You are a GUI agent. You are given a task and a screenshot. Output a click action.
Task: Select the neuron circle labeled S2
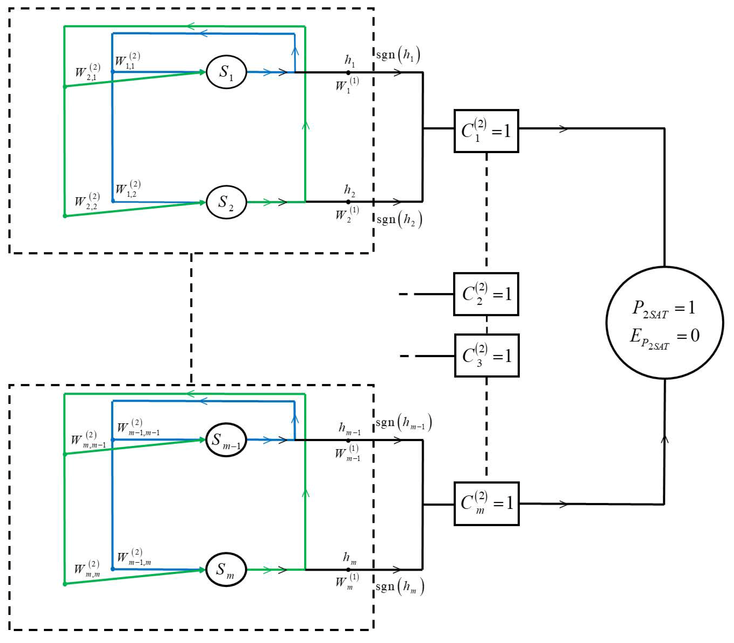(226, 202)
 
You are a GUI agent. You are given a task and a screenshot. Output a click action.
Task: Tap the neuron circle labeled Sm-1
(226, 440)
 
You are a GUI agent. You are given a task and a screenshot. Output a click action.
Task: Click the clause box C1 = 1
(486, 131)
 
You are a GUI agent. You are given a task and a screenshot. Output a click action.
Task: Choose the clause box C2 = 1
(486, 294)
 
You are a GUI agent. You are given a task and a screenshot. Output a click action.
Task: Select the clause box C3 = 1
(487, 356)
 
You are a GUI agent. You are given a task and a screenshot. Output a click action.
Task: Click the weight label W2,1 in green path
(87, 72)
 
